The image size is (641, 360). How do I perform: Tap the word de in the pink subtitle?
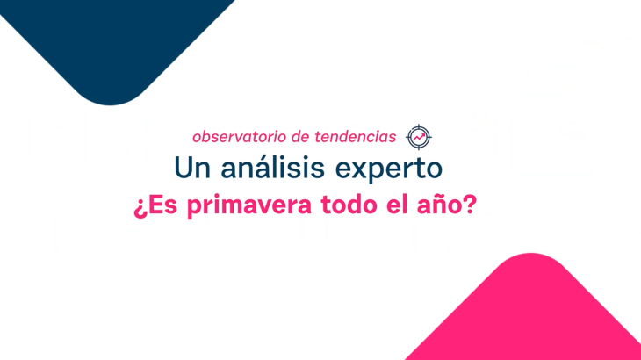(x=300, y=137)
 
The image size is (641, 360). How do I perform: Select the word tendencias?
(x=356, y=137)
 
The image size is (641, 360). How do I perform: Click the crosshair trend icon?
(x=419, y=137)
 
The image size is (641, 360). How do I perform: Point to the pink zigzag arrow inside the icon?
(x=419, y=138)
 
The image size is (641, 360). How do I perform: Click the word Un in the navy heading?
(x=191, y=168)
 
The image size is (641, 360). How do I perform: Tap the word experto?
(x=389, y=169)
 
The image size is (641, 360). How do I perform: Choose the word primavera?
(x=249, y=205)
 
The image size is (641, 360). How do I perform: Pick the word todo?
(x=349, y=205)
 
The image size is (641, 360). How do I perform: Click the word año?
(x=439, y=205)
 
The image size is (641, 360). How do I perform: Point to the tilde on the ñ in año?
(x=439, y=196)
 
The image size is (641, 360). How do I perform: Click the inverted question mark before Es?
(x=140, y=207)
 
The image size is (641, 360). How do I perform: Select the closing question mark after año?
(x=470, y=204)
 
